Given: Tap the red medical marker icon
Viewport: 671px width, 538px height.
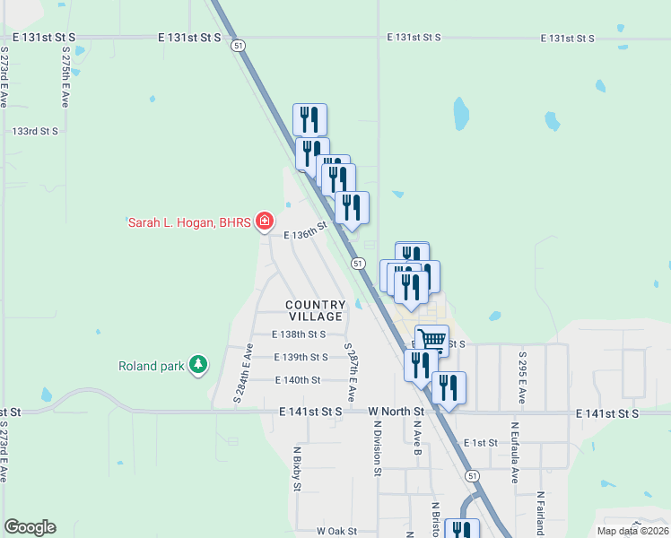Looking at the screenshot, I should pyautogui.click(x=264, y=221).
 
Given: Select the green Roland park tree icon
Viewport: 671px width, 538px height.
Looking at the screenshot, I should pyautogui.click(x=197, y=365).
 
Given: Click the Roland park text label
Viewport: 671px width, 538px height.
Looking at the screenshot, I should pyautogui.click(x=151, y=365).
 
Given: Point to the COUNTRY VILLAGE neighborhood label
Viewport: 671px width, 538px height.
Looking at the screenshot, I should pyautogui.click(x=315, y=311).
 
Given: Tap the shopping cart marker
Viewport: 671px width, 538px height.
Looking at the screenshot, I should pyautogui.click(x=432, y=340).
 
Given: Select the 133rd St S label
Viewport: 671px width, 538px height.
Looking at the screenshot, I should pyautogui.click(x=35, y=131).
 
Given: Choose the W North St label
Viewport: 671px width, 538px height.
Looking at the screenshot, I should pyautogui.click(x=396, y=412).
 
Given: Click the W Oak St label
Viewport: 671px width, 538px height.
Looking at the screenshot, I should pyautogui.click(x=337, y=531).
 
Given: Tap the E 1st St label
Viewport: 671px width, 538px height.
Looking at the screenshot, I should pyautogui.click(x=481, y=443).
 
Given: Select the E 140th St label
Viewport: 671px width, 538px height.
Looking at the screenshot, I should pyautogui.click(x=297, y=380).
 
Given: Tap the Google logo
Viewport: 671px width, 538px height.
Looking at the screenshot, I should pyautogui.click(x=30, y=527).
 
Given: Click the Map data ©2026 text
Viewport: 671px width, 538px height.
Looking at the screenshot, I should pyautogui.click(x=632, y=531).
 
